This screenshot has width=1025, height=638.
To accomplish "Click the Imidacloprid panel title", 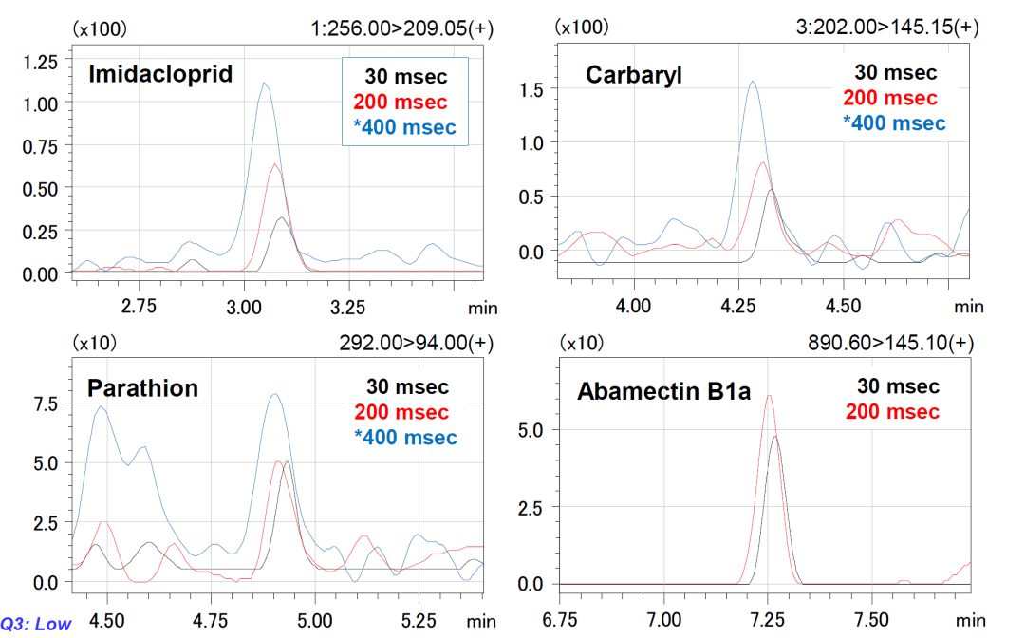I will point(160,74).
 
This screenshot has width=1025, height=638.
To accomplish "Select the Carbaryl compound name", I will point(633,75).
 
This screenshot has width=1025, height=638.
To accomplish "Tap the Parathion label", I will point(142,388).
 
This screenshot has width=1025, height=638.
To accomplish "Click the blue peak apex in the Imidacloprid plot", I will point(265,83).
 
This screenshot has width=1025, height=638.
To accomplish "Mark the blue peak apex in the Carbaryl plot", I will point(753,82).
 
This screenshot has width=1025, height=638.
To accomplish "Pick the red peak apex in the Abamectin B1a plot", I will point(770,396).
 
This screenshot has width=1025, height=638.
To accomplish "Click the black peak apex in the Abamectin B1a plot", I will point(777,437).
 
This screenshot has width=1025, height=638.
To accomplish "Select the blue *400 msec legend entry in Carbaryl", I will point(894,123).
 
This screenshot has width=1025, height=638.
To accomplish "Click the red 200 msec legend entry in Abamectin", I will point(891,411).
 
